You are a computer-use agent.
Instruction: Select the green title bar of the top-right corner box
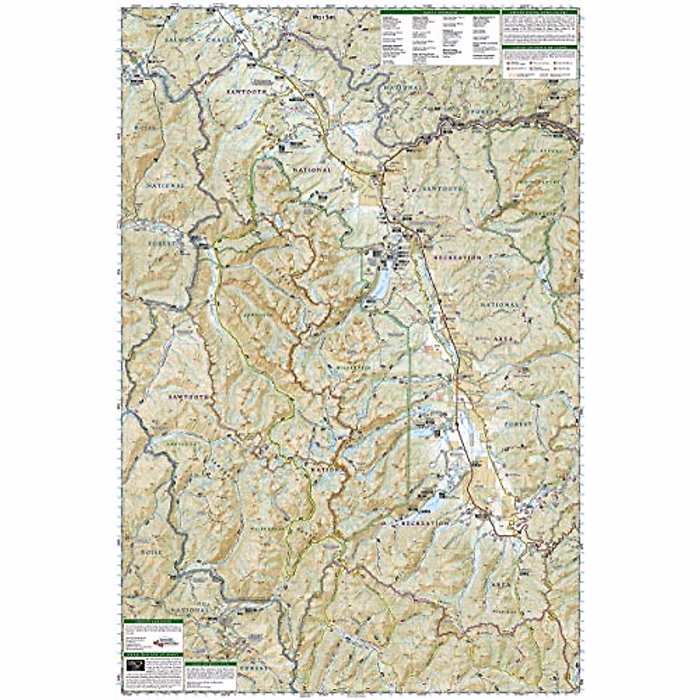point(540,12)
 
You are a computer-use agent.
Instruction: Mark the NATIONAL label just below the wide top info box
point(402,86)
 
